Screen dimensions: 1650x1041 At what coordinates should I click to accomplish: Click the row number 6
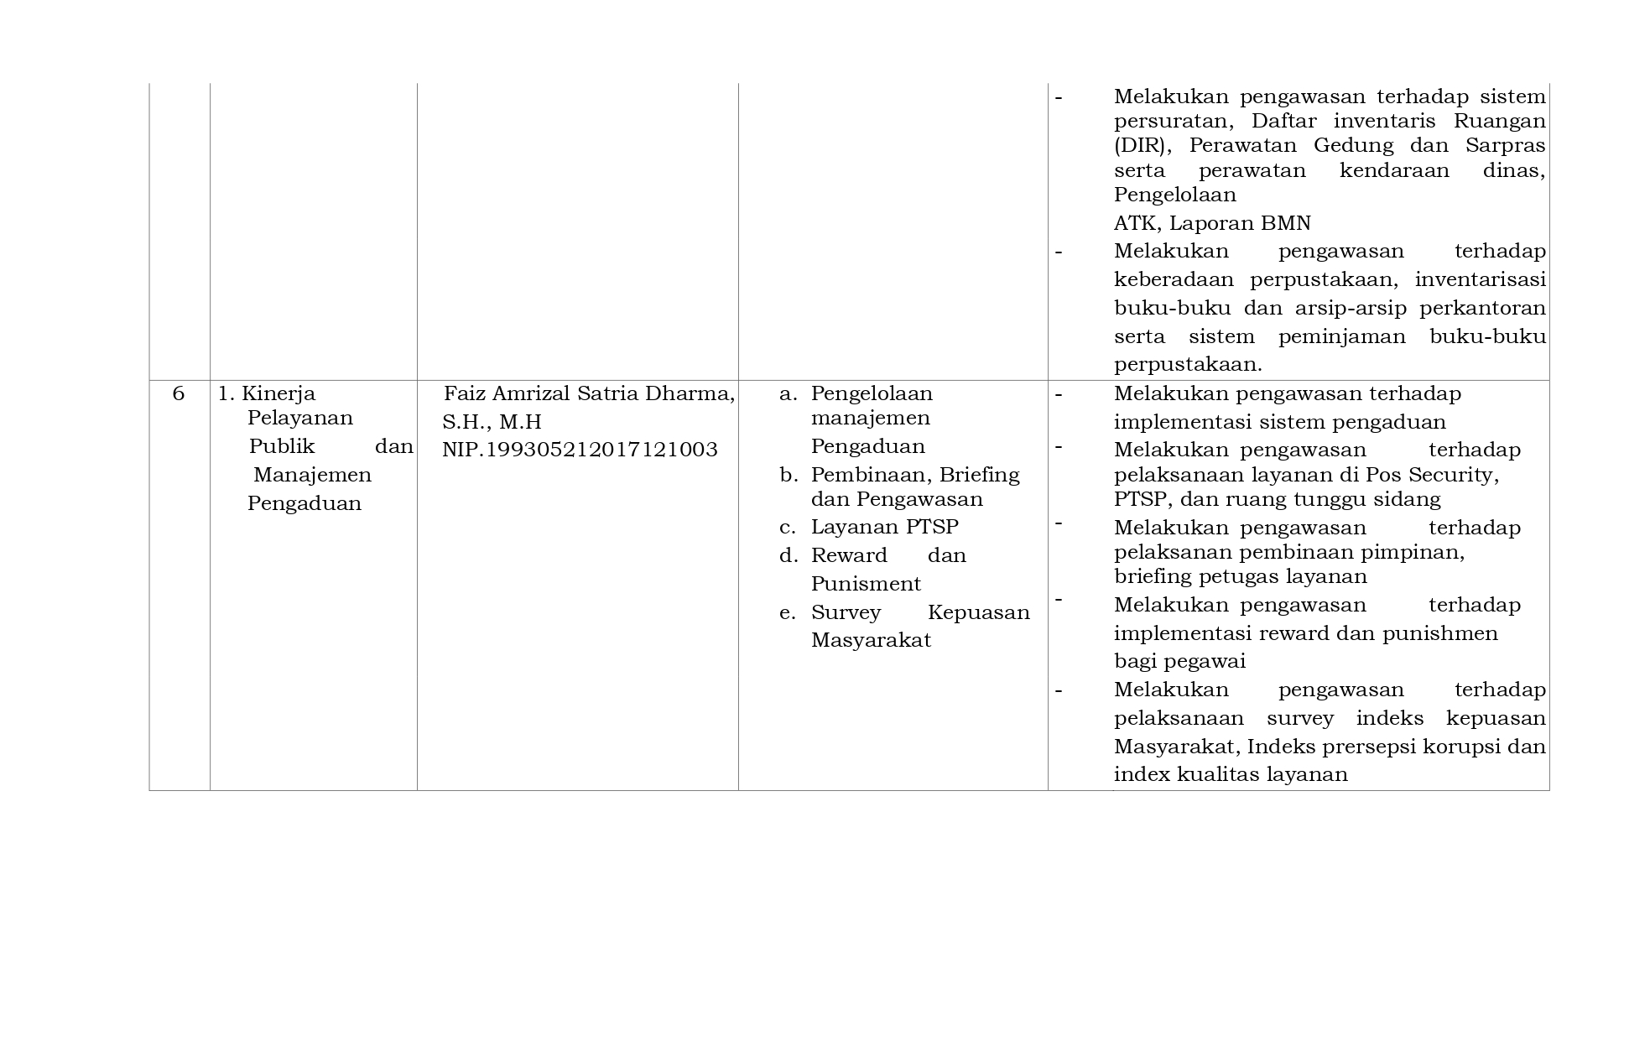click(x=178, y=393)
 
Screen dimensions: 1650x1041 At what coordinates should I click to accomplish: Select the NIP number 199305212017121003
click(x=580, y=450)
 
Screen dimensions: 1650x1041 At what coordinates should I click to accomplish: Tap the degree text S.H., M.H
click(x=492, y=421)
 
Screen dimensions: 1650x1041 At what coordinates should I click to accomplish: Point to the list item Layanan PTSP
click(x=884, y=527)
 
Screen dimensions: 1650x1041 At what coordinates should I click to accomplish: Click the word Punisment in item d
click(x=866, y=584)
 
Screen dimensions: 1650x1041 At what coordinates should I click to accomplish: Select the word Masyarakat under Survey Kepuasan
click(x=871, y=640)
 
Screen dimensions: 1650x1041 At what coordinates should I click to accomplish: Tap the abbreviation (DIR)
click(x=1140, y=145)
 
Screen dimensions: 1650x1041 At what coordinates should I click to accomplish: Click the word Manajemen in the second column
click(x=312, y=475)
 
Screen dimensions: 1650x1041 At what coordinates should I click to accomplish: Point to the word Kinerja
click(x=278, y=393)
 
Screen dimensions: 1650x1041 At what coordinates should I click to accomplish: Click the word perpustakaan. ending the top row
click(x=1188, y=365)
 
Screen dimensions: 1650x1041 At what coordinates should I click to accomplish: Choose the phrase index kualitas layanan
click(x=1231, y=774)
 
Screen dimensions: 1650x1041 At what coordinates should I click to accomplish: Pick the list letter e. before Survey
click(x=787, y=612)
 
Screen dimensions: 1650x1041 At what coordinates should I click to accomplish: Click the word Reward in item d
click(x=849, y=555)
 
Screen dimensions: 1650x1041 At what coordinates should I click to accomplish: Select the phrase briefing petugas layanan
click(x=1240, y=576)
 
